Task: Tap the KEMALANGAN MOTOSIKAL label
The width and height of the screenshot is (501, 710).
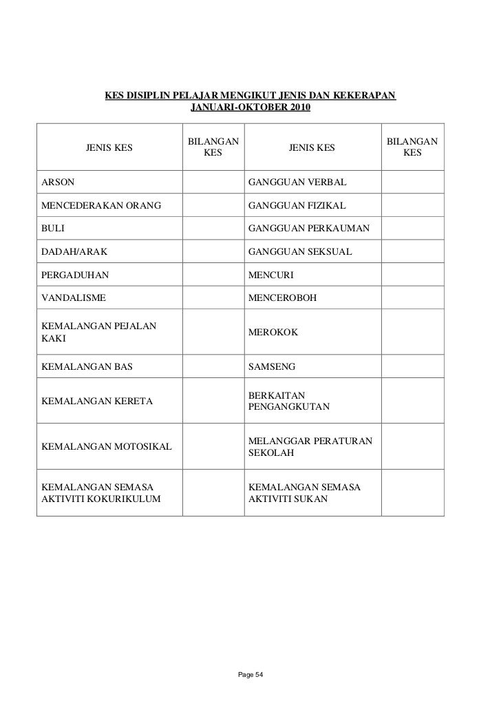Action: pos(107,448)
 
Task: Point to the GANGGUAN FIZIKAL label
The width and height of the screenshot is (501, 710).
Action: pos(297,206)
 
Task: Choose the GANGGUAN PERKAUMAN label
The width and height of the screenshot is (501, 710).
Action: pos(309,229)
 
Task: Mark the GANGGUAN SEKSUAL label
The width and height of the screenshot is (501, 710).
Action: pos(299,253)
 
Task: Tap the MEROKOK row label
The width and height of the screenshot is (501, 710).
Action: pos(273,333)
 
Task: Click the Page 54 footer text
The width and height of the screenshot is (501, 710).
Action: pos(250,674)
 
